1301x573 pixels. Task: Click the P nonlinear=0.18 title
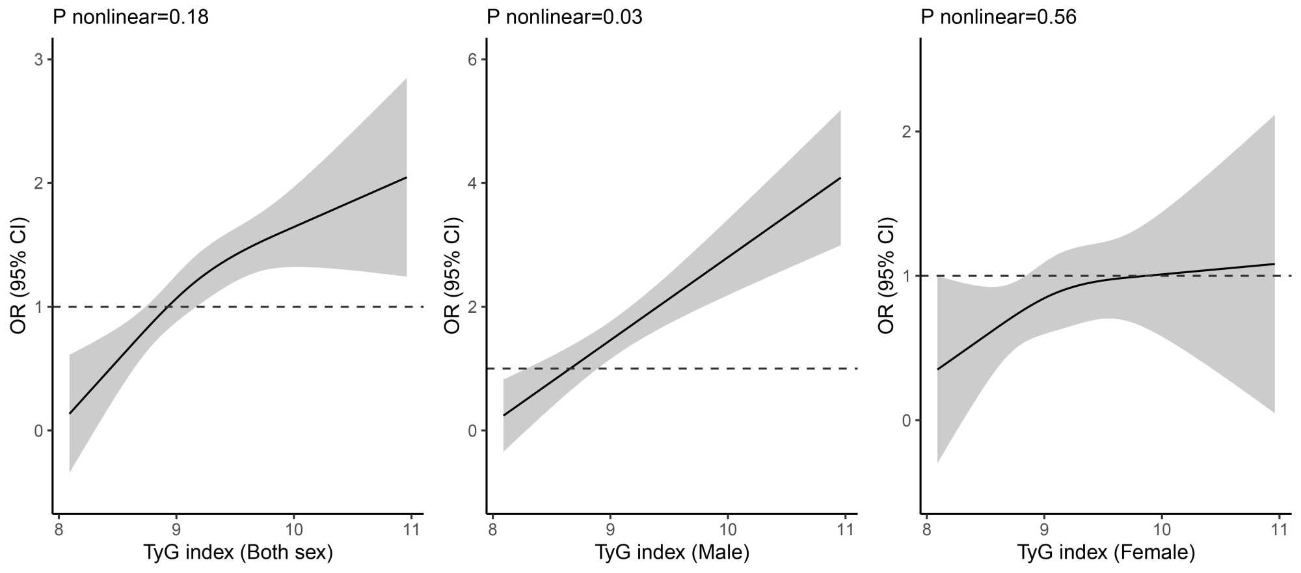tap(131, 17)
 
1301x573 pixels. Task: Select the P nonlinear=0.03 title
tap(565, 17)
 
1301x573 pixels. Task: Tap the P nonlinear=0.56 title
tap(999, 17)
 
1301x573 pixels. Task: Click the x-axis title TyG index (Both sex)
tap(238, 553)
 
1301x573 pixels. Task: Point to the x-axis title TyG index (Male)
tap(672, 553)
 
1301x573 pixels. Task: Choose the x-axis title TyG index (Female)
tap(1106, 553)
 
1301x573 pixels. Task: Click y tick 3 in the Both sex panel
tap(39, 60)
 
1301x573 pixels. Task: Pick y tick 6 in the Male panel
tap(473, 60)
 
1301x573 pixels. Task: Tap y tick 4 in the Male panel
tap(473, 183)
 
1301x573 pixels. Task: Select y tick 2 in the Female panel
tap(907, 132)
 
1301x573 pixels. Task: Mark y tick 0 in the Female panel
tap(907, 421)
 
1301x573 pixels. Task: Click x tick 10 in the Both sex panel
tap(293, 529)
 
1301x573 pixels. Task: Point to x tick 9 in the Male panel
tap(610, 529)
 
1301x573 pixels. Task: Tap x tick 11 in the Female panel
tap(1279, 529)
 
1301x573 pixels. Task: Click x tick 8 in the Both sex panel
tap(59, 529)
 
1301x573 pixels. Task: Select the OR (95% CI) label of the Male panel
tap(453, 275)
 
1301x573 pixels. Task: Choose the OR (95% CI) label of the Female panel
tap(887, 275)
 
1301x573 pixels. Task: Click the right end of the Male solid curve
tap(840, 178)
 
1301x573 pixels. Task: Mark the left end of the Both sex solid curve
tap(70, 413)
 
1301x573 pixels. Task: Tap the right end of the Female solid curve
tap(1274, 264)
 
